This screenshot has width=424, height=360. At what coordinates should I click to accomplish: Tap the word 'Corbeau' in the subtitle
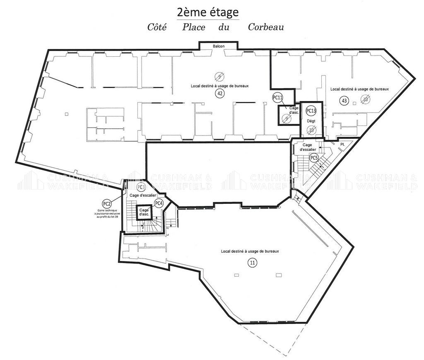[x=265, y=27]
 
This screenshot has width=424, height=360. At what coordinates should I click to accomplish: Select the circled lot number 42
[x=219, y=94]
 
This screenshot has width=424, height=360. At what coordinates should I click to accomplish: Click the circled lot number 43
[x=344, y=100]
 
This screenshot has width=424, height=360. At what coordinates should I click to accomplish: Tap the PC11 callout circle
[x=278, y=98]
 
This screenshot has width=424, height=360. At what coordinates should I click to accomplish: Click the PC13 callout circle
[x=311, y=111]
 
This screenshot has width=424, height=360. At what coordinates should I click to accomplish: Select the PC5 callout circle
[x=314, y=157]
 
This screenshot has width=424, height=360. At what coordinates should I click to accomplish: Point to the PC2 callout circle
[x=106, y=203]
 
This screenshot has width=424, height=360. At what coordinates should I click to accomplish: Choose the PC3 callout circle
[x=141, y=187]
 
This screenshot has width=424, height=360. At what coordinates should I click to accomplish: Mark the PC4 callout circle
[x=159, y=203]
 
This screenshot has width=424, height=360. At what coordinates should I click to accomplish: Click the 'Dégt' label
[x=311, y=121]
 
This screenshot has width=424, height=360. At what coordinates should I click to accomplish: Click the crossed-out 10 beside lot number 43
[x=365, y=99]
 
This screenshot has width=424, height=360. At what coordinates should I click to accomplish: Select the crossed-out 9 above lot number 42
[x=220, y=76]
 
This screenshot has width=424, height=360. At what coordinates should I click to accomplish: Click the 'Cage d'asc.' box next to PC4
[x=144, y=213]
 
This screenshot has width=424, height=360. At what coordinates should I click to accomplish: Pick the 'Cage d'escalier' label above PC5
[x=310, y=147]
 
